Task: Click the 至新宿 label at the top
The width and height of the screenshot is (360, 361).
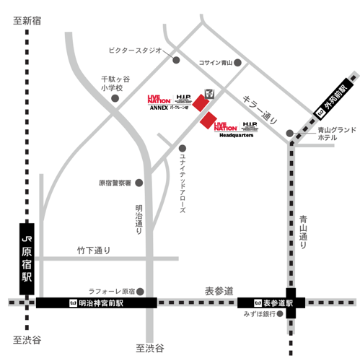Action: coord(27,21)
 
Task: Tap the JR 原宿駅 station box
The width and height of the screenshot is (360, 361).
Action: coord(27,258)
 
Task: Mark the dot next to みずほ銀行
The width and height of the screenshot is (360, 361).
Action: coord(281,315)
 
